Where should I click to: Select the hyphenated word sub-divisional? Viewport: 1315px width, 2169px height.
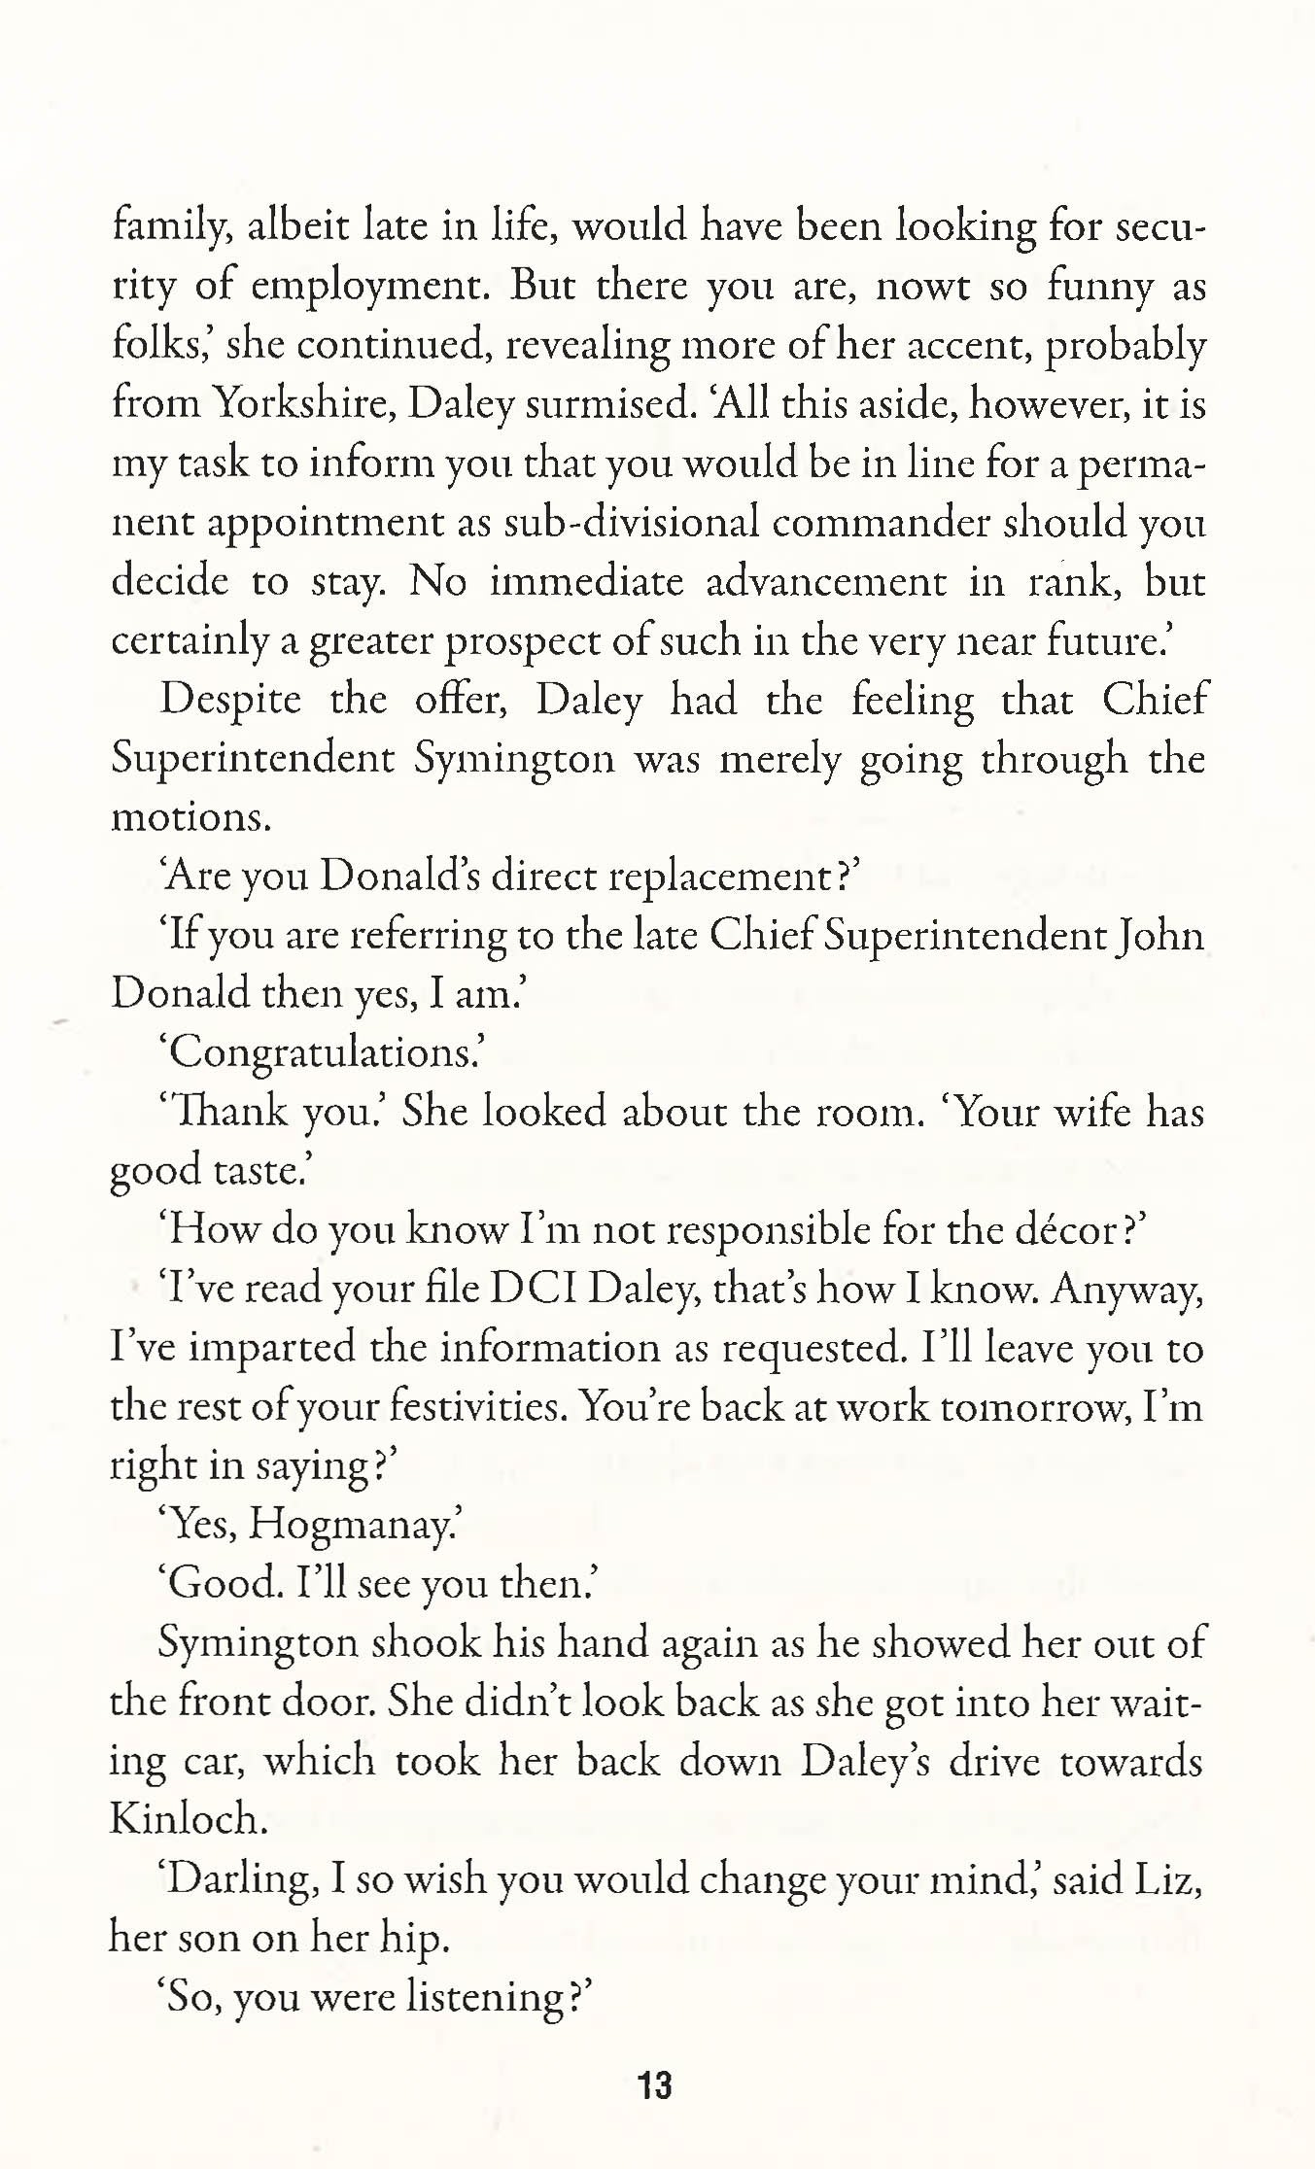tap(632, 523)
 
